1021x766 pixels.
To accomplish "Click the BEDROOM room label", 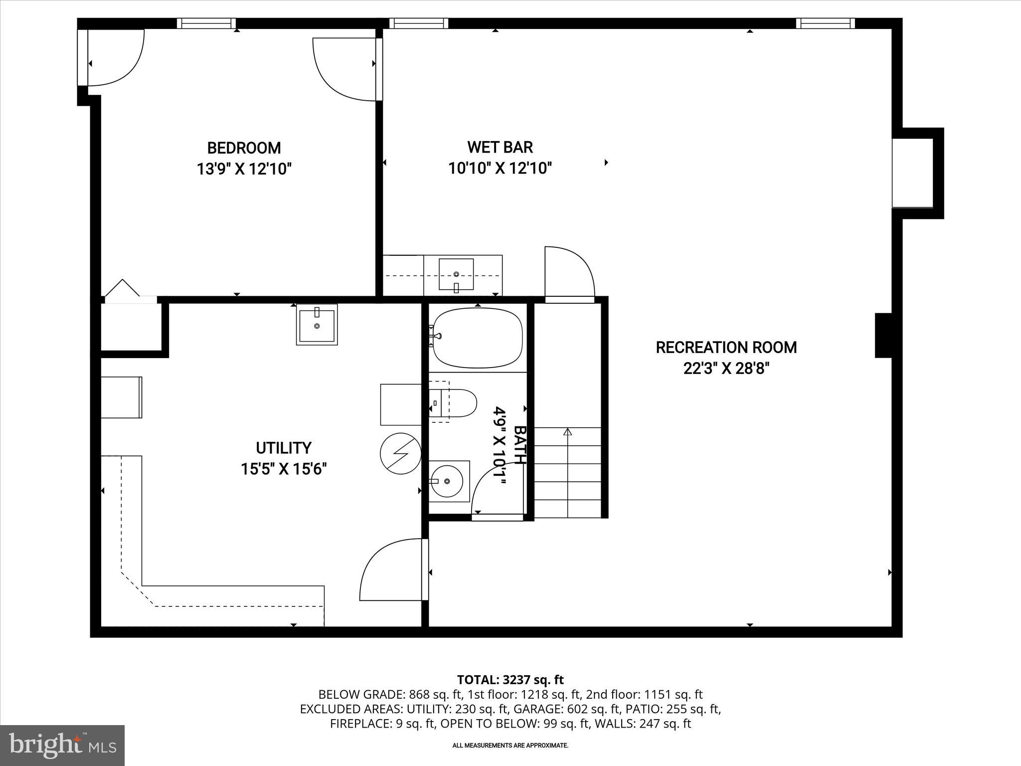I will point(244,148).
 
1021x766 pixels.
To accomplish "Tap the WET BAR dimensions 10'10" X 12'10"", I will point(500,169).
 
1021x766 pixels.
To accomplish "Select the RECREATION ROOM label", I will point(726,348).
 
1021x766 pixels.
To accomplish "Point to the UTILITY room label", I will point(284,448).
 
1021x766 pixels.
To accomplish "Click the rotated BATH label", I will point(520,445).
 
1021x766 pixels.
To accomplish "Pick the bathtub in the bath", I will point(477,338).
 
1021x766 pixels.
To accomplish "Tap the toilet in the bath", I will point(454,403).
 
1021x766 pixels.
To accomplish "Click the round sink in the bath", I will point(447,481).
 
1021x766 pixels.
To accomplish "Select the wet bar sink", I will point(456,274).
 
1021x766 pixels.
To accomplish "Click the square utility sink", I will point(317,325).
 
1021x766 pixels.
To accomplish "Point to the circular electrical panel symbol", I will point(400,454).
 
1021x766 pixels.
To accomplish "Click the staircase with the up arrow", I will point(567,472).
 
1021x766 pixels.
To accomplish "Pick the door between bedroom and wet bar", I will point(345,69).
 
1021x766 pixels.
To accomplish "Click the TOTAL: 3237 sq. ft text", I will point(510,680).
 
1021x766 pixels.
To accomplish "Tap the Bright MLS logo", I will point(62,745).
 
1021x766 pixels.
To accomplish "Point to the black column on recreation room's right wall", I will point(883,335).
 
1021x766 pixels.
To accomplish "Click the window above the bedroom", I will point(206,23).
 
